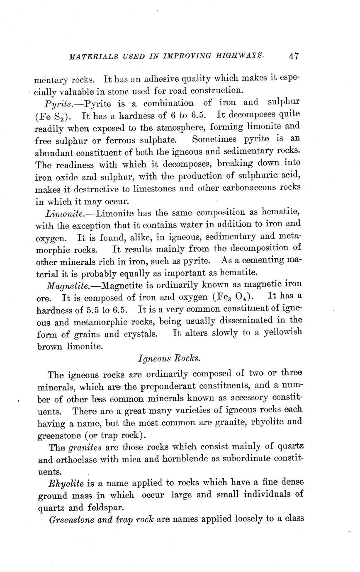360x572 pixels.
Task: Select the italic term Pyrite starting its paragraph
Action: pyautogui.click(x=60, y=103)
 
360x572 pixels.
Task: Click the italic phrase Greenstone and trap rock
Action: pyautogui.click(x=102, y=519)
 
